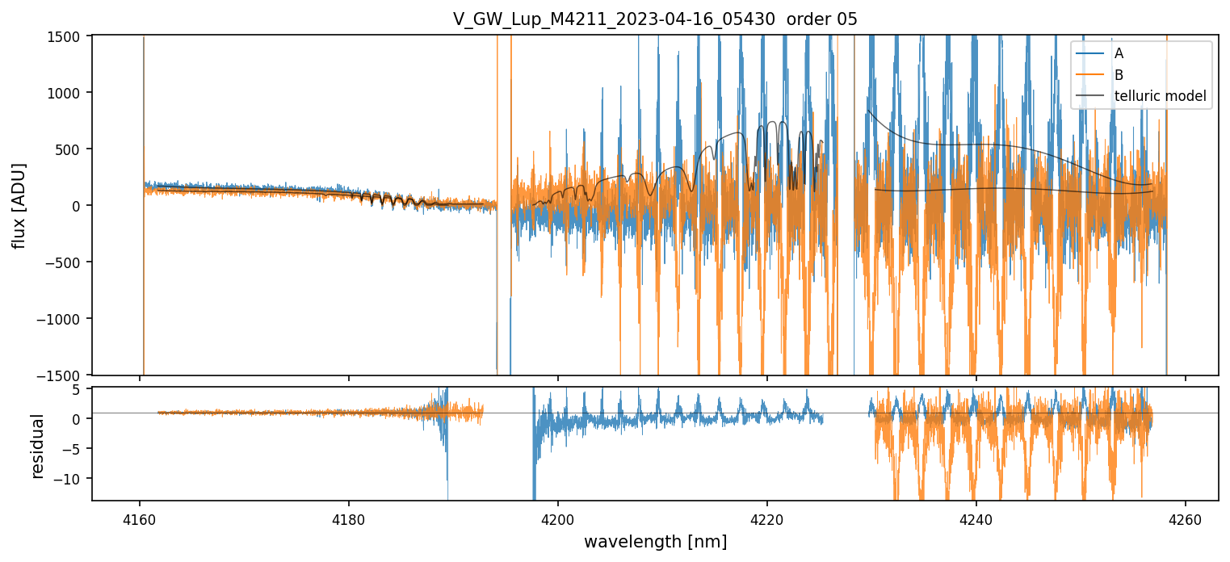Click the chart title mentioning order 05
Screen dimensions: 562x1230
point(655,19)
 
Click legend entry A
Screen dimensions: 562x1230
point(1119,53)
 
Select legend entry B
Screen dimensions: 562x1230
point(1119,75)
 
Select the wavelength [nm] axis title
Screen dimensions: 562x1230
point(655,541)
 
